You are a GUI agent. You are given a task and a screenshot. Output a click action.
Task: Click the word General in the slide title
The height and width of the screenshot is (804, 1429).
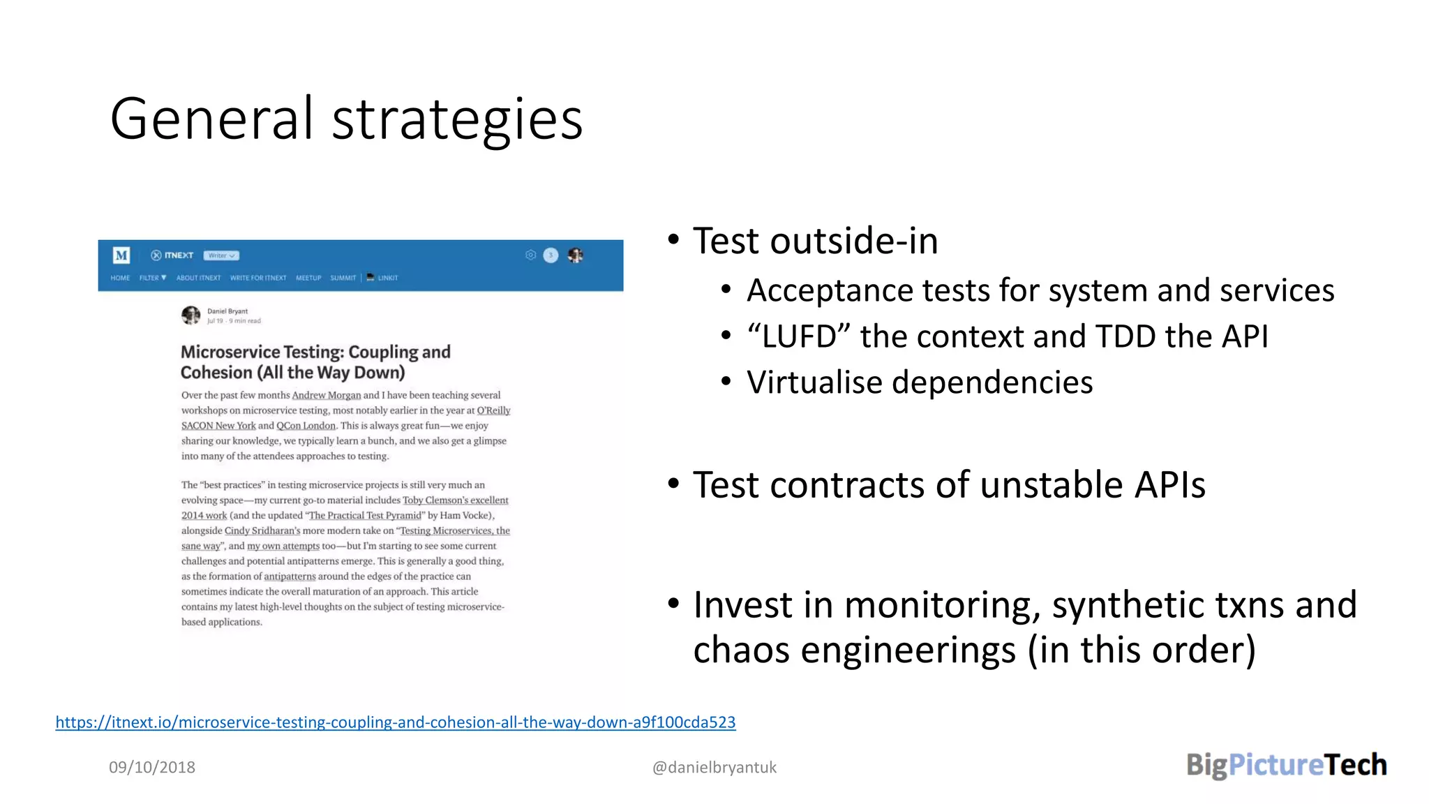coord(211,119)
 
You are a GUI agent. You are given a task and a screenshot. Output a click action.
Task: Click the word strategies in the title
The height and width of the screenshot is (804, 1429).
coord(457,121)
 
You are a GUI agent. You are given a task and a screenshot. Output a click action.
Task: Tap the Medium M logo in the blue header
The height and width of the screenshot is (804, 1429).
coord(121,255)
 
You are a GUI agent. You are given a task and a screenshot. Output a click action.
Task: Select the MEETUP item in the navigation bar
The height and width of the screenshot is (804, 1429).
coord(308,278)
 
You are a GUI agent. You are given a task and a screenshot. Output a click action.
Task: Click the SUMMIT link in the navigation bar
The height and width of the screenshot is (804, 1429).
coord(343,278)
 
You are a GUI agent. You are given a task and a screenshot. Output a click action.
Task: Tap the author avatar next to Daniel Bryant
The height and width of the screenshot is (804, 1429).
coord(190,315)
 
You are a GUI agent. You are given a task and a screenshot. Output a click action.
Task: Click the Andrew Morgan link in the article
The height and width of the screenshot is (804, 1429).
coord(326,395)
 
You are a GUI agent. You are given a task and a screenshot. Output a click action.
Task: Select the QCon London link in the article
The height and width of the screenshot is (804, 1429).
coord(306,426)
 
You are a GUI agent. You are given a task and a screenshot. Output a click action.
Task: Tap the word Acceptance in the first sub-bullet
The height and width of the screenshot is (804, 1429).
coord(829,291)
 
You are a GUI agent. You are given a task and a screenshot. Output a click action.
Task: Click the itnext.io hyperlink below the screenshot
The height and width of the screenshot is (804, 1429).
coord(395,722)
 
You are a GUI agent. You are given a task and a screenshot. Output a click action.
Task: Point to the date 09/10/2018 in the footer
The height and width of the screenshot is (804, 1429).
coord(152,767)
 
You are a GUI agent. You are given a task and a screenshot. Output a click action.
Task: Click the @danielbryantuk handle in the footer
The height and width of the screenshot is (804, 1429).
coord(714,767)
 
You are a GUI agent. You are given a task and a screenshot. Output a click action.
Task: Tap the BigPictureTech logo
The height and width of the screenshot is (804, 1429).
coord(1286,765)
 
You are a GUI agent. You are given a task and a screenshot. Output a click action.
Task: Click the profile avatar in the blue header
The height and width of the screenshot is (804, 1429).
coord(575,255)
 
